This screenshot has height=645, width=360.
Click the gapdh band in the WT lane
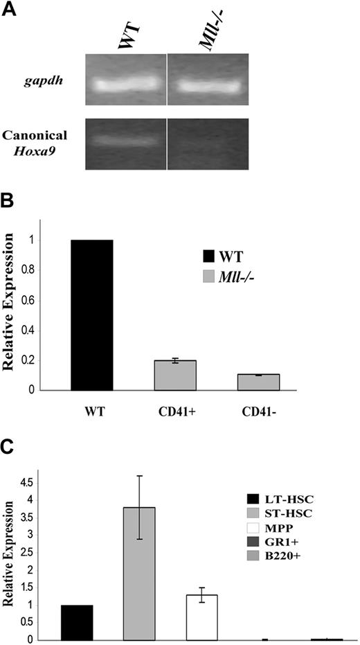(x=125, y=85)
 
